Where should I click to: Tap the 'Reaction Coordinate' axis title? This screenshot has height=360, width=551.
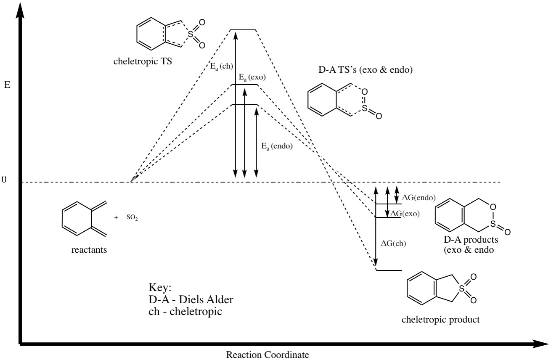264,355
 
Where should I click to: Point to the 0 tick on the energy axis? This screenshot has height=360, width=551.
4,180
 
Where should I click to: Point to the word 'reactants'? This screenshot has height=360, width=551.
89,250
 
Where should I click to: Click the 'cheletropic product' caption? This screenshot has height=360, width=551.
440,320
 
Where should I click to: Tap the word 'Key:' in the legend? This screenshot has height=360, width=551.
160,288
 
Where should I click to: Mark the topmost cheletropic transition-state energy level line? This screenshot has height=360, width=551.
243,30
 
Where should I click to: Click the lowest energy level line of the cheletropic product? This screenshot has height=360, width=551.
389,270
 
